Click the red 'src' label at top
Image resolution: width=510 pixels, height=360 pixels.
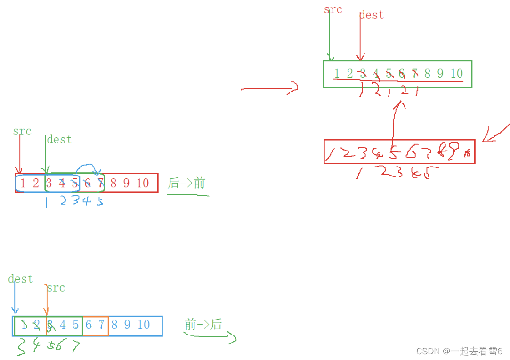coord(333,10)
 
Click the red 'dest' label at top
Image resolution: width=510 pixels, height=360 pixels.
coord(372,15)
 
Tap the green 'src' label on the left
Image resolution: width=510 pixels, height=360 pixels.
coord(22,131)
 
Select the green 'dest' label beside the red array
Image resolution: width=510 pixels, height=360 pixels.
coord(59,140)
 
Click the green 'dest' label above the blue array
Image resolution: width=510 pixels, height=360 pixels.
coord(20,279)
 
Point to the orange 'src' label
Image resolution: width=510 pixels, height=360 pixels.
coord(56,288)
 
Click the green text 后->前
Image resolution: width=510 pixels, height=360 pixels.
coord(186,183)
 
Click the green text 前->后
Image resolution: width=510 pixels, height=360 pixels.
coord(203,325)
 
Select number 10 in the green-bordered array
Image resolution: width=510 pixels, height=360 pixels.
coord(456,74)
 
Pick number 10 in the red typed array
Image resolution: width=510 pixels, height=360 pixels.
coord(143,183)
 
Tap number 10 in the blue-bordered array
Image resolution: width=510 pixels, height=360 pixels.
coord(144,325)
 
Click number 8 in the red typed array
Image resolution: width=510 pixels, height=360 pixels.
coord(113,183)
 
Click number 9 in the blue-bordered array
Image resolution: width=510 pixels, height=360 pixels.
coord(127,325)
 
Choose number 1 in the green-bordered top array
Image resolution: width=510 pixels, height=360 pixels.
coord(337,74)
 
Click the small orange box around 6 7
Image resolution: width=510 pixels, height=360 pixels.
coord(96,326)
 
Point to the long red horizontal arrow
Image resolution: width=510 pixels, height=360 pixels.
coord(269,88)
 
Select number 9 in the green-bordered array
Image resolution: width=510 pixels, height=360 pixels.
coord(440,74)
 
